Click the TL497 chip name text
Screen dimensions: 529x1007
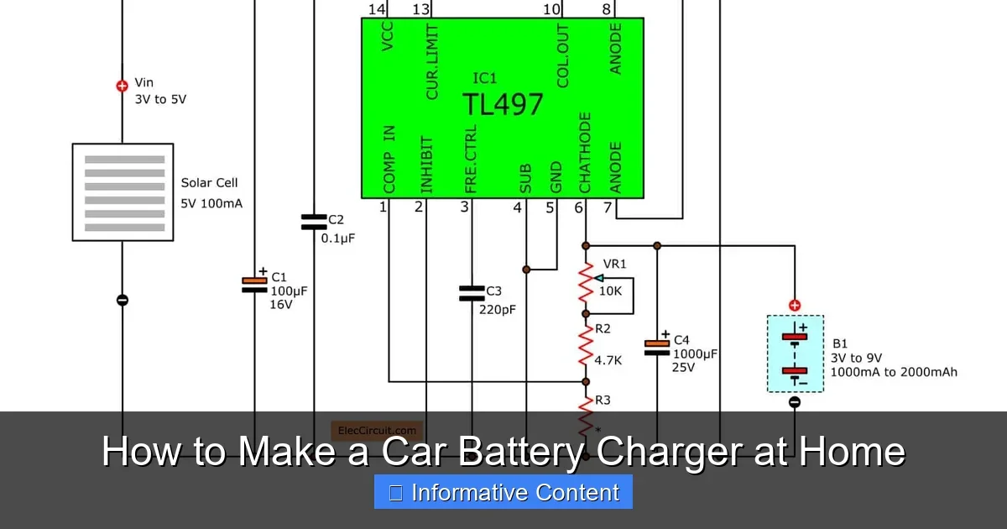tap(503, 104)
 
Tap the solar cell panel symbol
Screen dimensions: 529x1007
tap(123, 192)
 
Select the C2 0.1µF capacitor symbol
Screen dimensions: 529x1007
tap(314, 223)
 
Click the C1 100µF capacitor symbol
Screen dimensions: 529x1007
tap(254, 285)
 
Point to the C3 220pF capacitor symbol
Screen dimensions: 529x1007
tap(472, 293)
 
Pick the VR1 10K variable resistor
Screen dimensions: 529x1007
tap(586, 284)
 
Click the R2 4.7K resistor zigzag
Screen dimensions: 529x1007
tap(586, 346)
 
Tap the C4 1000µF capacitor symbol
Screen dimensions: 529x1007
tap(657, 348)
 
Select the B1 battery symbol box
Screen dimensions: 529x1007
tap(795, 354)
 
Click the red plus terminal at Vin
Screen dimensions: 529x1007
tap(123, 85)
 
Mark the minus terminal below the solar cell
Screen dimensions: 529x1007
tap(123, 300)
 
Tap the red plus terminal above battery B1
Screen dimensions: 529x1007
tap(795, 306)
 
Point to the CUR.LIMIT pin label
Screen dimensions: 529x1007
tap(432, 62)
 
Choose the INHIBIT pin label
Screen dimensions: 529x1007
tap(426, 165)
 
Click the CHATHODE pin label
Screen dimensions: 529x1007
tap(585, 152)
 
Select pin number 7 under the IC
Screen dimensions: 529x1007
tap(608, 207)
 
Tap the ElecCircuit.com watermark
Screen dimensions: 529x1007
tap(377, 431)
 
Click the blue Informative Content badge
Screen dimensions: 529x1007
tap(503, 492)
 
